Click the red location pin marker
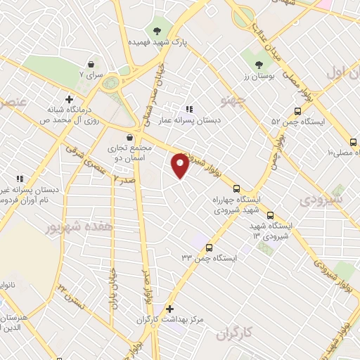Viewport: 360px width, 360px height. coord(181,165)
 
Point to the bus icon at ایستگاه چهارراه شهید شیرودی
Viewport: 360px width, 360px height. coord(237,188)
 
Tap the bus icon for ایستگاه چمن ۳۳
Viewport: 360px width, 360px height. coord(210,247)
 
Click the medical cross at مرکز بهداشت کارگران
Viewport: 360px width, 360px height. coord(169,309)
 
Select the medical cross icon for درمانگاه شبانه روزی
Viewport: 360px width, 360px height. coord(69,99)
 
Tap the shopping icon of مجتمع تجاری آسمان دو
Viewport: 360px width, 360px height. coord(129,138)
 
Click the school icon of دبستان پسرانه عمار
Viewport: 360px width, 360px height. coord(188,109)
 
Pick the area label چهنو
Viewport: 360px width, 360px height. coord(231,97)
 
